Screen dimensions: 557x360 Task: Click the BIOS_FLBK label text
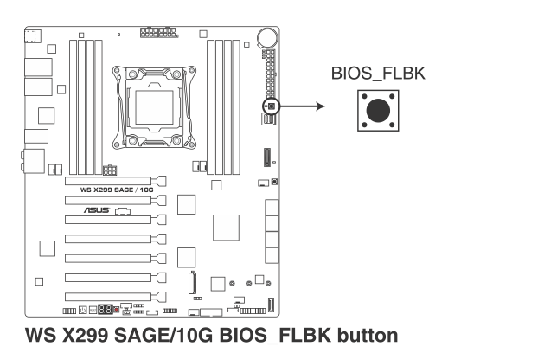pos(378,74)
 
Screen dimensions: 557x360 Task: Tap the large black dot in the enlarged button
pos(378,111)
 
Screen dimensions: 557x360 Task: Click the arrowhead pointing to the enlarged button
pos(320,106)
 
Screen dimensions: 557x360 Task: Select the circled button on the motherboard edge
pos(272,106)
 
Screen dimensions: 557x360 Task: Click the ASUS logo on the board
pos(97,210)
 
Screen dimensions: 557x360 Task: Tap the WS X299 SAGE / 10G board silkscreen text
pos(117,190)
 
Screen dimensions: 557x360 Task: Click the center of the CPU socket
pos(154,107)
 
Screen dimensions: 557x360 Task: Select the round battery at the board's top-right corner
pos(267,36)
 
